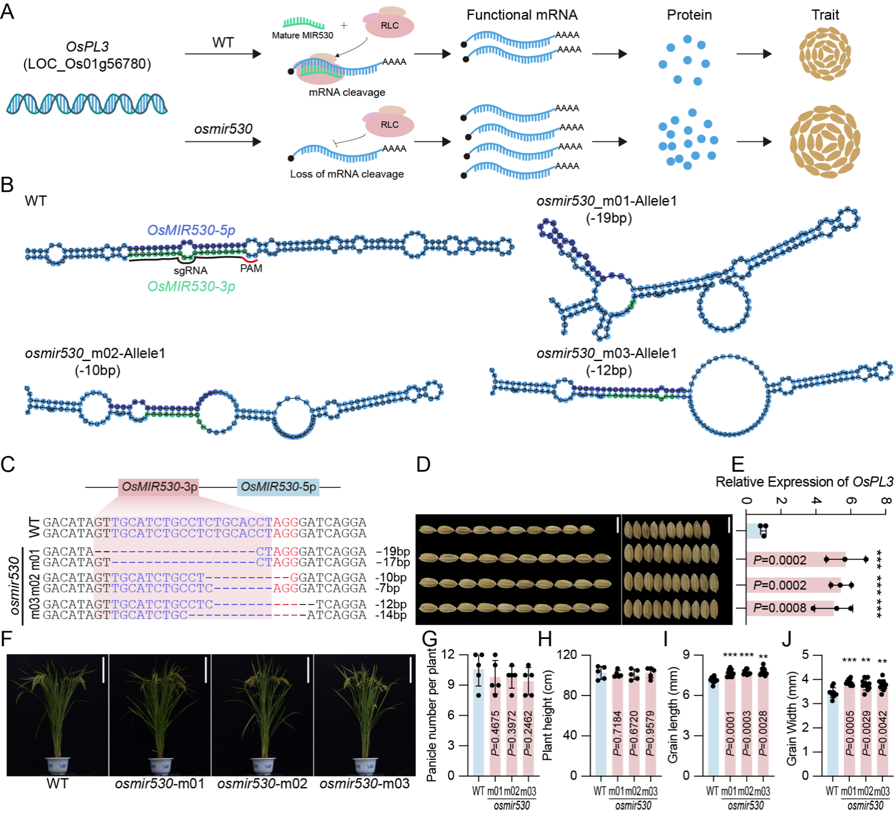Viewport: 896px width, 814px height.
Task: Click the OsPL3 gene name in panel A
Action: point(87,47)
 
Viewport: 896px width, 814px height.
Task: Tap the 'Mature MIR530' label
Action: point(302,35)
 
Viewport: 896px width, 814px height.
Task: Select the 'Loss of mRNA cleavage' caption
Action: point(347,174)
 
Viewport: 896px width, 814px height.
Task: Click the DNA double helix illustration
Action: point(87,104)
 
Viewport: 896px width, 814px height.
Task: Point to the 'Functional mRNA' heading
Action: point(522,15)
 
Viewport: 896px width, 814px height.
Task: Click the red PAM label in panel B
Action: point(251,268)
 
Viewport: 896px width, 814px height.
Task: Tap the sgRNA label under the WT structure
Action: point(190,271)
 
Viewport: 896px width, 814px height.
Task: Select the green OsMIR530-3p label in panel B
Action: point(191,286)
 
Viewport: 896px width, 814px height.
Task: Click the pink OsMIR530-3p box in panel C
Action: point(159,487)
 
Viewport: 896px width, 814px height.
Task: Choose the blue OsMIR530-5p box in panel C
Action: point(278,487)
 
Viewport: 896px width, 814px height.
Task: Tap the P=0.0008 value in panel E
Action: point(779,608)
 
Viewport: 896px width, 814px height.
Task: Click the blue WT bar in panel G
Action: point(478,721)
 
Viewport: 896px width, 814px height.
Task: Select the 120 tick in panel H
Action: point(567,655)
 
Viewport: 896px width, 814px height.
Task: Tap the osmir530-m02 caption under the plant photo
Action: point(262,784)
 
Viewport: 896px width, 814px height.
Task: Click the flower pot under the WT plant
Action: point(58,765)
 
